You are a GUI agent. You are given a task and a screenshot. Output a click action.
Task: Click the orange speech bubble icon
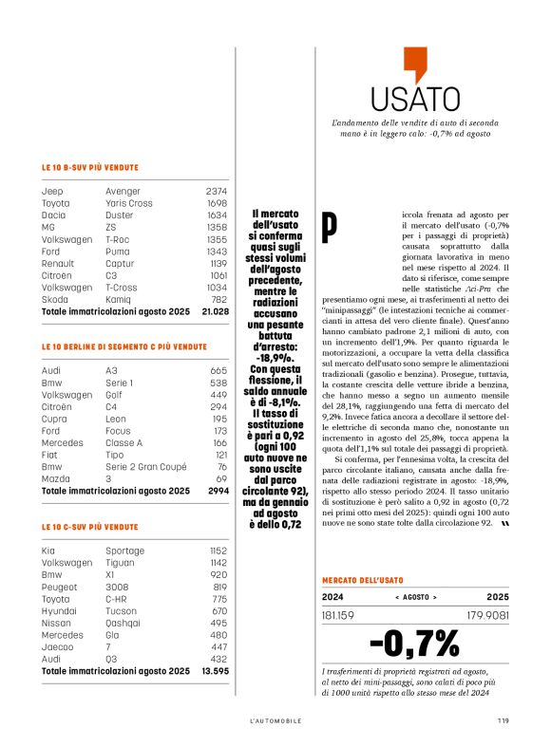pos(410,65)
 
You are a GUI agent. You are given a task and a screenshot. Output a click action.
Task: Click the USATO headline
pos(409,99)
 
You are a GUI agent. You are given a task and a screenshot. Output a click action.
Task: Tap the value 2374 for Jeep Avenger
pos(216,191)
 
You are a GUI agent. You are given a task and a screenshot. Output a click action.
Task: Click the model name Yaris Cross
pos(128,203)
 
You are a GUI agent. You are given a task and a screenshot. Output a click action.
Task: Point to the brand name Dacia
pos(53,215)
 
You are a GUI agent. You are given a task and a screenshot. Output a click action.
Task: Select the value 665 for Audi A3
pos(218,370)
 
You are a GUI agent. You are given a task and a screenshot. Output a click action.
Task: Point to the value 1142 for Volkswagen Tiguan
pos(218,562)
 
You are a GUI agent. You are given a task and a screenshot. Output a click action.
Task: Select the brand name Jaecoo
pos(56,646)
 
